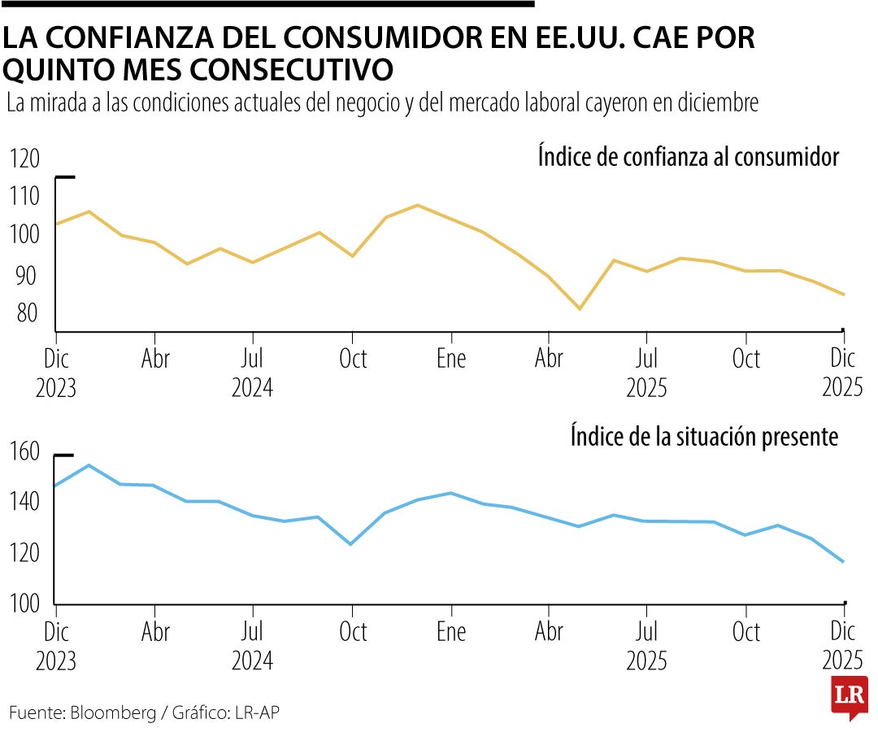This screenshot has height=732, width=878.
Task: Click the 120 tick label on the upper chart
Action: (24, 159)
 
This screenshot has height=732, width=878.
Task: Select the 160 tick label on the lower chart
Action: (24, 451)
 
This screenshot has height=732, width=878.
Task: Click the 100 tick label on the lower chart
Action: (24, 603)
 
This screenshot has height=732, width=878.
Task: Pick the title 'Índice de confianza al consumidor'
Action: (688, 156)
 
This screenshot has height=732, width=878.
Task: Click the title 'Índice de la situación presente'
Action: (704, 437)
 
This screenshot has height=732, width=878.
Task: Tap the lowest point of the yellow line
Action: (580, 309)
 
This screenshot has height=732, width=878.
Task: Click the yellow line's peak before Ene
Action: (417, 205)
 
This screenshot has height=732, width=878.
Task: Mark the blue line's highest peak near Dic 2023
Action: (89, 465)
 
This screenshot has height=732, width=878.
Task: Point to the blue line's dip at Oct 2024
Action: (351, 544)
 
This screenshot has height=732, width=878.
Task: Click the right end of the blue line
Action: (843, 562)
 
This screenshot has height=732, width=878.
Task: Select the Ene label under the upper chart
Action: (451, 359)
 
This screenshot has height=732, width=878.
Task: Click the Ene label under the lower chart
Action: (451, 632)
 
